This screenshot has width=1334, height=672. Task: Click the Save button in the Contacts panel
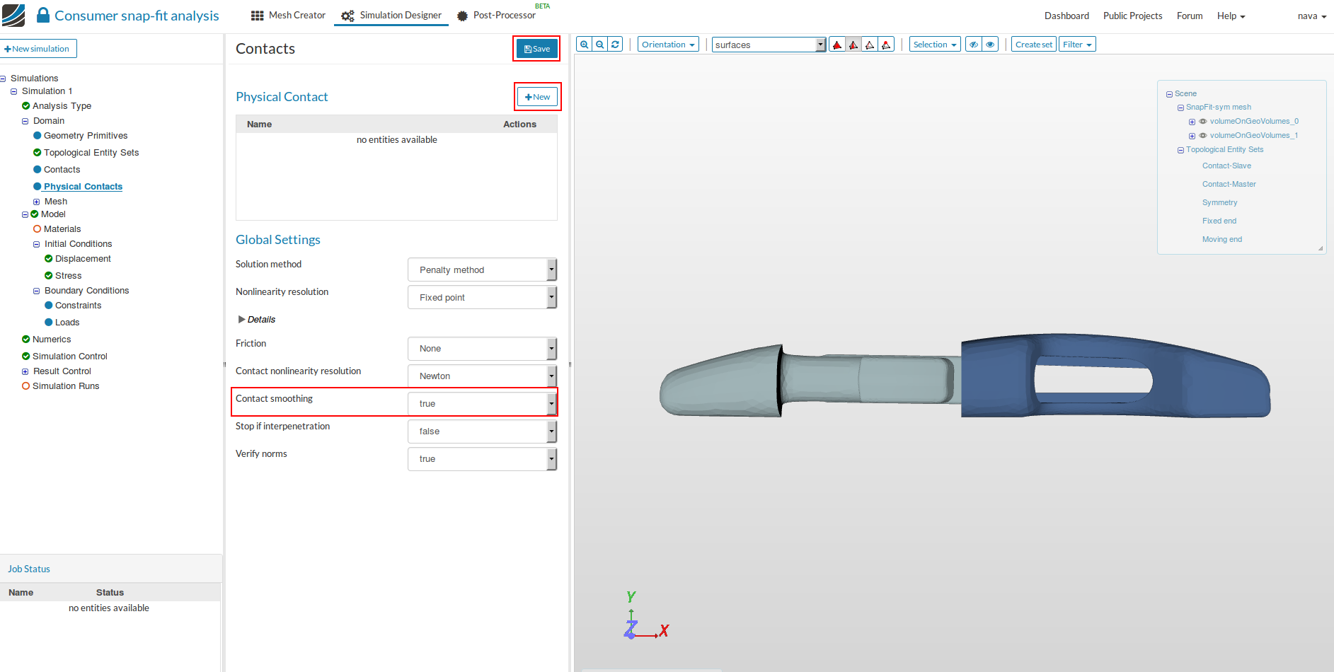[x=536, y=49]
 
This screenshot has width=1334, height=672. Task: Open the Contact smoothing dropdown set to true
[x=482, y=404]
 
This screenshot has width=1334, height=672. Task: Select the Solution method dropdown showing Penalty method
[x=482, y=270]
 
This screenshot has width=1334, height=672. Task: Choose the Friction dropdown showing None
[x=482, y=349]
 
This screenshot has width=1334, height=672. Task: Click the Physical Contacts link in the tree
[x=83, y=187]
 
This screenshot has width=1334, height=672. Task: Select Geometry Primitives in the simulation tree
[x=86, y=136]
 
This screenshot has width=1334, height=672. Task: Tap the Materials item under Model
[x=62, y=229]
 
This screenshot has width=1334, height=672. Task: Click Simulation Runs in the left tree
[x=66, y=386]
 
